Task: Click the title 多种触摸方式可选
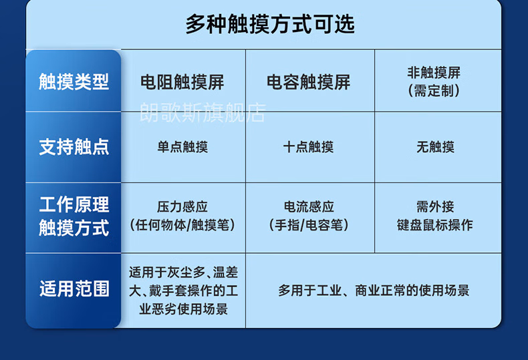tap(270, 24)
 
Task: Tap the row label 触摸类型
tap(74, 81)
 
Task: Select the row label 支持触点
tap(74, 147)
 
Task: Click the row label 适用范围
tap(74, 289)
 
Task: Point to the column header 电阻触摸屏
tap(182, 82)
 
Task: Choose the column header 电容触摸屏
tap(309, 82)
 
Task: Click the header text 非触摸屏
tap(434, 72)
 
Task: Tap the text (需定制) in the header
tap(434, 91)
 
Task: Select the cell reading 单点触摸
tap(182, 147)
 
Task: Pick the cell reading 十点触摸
tap(309, 147)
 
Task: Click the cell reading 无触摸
tap(435, 147)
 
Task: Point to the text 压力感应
tap(182, 206)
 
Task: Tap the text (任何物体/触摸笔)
tap(182, 224)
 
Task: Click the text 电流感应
tap(309, 206)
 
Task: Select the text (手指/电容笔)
tap(309, 224)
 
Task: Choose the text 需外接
tap(435, 206)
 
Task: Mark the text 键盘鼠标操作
tap(435, 224)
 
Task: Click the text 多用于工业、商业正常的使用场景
tap(374, 291)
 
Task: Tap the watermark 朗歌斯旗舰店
tap(203, 112)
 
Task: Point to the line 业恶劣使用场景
tap(184, 309)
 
